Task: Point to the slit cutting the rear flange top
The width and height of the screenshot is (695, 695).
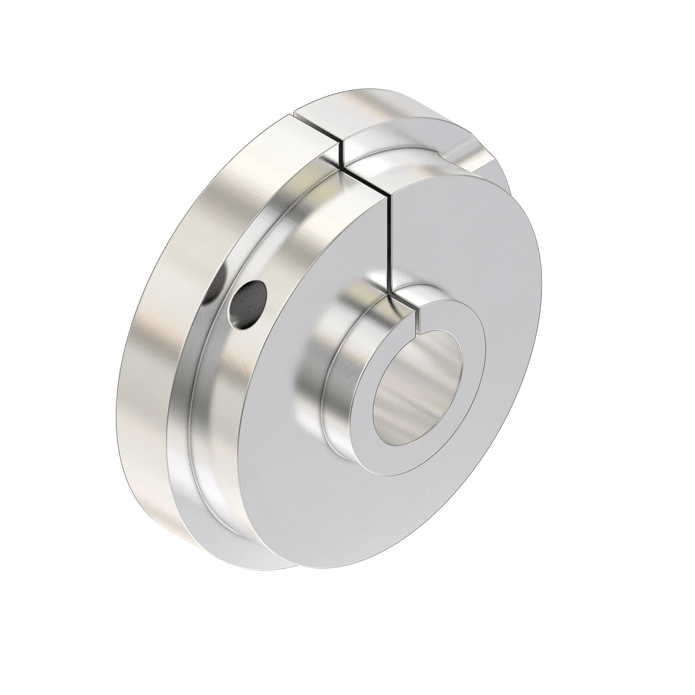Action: (317, 130)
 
